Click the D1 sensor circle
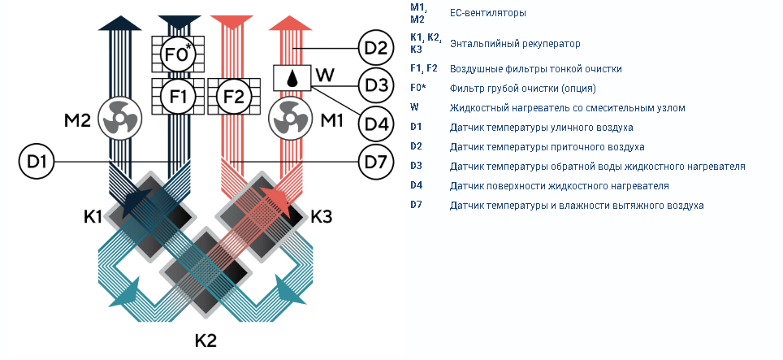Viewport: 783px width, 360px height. click(x=37, y=162)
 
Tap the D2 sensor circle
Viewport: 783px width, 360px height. click(x=376, y=49)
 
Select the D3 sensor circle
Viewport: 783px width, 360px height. click(x=376, y=85)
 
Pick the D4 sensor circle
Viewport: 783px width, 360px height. click(x=376, y=124)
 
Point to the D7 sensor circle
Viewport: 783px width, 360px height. click(x=376, y=162)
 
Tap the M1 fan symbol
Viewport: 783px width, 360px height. click(x=291, y=119)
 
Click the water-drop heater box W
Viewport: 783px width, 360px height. click(x=292, y=78)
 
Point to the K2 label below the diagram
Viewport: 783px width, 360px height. click(x=205, y=340)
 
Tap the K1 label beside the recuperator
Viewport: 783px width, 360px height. click(x=93, y=217)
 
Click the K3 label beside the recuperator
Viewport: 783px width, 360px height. click(x=322, y=217)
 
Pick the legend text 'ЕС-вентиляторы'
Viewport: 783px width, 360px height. click(x=488, y=13)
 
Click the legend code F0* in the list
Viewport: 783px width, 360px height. click(x=418, y=88)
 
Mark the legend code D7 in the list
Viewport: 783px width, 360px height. click(x=417, y=205)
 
